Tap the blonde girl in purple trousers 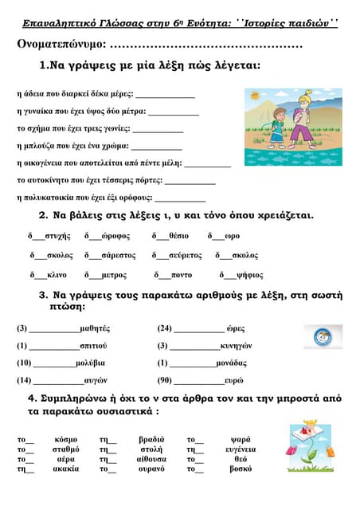[303, 120]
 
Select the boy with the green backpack [277, 128]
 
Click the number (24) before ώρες [165, 328]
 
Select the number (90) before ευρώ [165, 380]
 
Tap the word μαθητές [95, 328]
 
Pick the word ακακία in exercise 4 [66, 469]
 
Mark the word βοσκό [241, 469]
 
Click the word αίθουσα [151, 459]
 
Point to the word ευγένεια [241, 449]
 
